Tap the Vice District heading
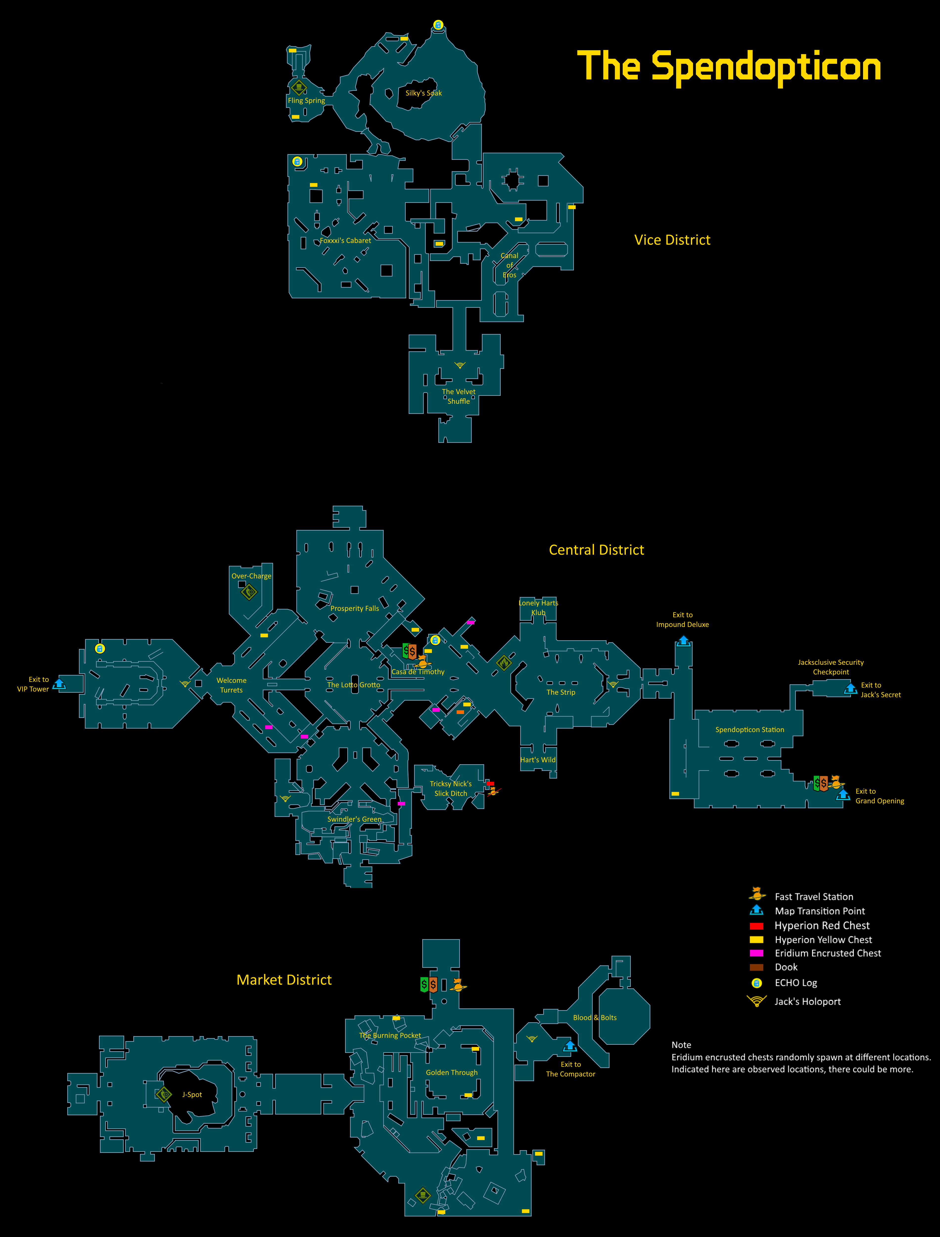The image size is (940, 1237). tap(672, 240)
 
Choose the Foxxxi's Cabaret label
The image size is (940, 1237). tap(345, 240)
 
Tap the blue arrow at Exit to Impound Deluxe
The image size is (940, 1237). tap(683, 641)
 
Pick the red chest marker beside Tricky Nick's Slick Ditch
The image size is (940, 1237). tap(490, 783)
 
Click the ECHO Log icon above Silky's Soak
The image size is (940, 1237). tap(438, 25)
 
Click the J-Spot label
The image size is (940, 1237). tap(192, 1094)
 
